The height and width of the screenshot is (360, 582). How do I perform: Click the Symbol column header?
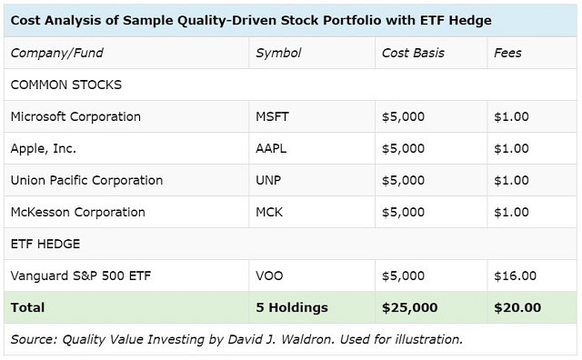pos(277,53)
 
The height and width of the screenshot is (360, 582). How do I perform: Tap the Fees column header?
pos(507,53)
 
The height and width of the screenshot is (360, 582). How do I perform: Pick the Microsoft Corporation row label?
pos(75,116)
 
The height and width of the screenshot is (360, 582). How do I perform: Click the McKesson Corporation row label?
pos(77,212)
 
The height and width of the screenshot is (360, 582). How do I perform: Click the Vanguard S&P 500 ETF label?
pos(79,275)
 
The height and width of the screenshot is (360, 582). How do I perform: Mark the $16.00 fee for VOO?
pos(514,275)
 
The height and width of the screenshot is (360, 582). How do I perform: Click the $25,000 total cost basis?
pos(414,307)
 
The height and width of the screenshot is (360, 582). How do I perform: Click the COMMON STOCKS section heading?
pos(66,85)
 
